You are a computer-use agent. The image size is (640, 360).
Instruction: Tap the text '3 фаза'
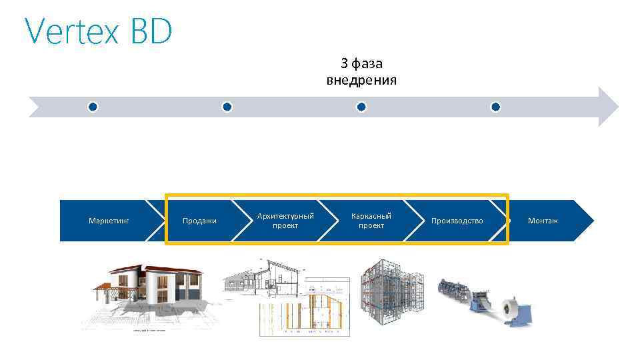coord(361,63)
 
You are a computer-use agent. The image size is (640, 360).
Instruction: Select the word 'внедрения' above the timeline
coord(361,81)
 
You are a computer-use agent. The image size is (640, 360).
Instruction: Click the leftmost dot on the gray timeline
coord(93,107)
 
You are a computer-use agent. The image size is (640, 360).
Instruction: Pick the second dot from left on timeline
coord(227,107)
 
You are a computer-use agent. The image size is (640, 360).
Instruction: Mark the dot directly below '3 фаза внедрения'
coord(361,107)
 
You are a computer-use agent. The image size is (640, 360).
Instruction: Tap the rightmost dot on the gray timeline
coord(495,107)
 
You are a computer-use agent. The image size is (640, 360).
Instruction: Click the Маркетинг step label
coord(109,221)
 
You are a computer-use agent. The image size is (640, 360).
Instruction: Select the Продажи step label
coord(200,221)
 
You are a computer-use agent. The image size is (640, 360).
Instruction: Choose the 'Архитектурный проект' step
coord(285,221)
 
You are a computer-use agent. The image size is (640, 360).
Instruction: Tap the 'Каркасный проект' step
coord(371,221)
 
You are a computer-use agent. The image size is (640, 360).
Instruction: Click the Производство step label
coord(457,221)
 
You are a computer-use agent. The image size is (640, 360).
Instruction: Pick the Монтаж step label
coord(543,221)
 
